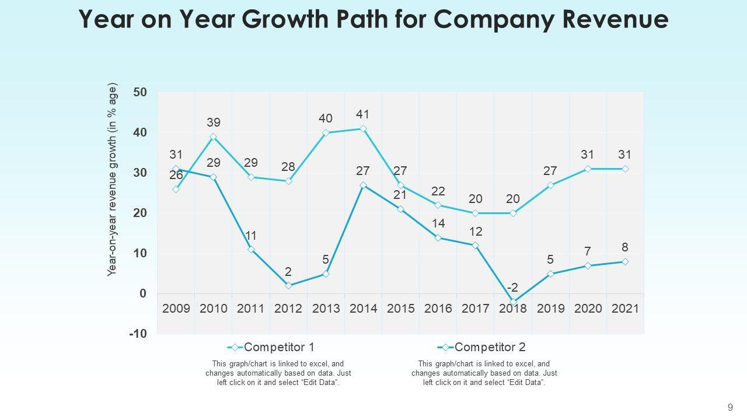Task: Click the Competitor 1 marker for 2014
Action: [x=363, y=129]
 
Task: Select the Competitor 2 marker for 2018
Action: [x=513, y=302]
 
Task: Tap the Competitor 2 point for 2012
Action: [x=288, y=285]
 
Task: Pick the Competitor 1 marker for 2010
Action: [x=214, y=137]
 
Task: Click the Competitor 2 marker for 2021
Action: [x=625, y=262]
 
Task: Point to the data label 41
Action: [x=363, y=114]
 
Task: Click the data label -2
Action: [x=513, y=288]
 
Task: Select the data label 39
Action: [x=214, y=123]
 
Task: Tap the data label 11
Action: [x=251, y=236]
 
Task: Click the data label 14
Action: [x=438, y=223]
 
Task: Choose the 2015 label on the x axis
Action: [x=401, y=309]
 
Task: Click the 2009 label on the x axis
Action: [x=176, y=309]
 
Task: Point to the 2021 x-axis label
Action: [x=625, y=309]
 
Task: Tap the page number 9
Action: [x=730, y=408]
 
